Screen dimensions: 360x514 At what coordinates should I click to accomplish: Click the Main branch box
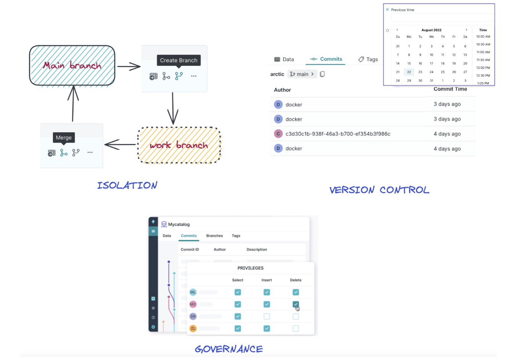click(x=72, y=66)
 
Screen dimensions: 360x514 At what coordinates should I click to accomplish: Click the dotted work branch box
click(x=179, y=145)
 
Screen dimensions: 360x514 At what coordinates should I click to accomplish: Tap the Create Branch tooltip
click(x=178, y=60)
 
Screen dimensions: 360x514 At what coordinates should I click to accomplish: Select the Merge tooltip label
click(x=64, y=138)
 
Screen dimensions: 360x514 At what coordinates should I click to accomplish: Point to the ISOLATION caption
click(x=127, y=185)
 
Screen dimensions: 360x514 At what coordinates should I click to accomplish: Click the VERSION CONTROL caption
click(x=379, y=190)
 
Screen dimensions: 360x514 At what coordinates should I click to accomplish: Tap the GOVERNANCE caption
click(x=229, y=349)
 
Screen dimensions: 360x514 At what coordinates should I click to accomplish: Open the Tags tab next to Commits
click(x=368, y=59)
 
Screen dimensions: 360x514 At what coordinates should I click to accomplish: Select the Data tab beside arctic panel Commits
click(x=284, y=59)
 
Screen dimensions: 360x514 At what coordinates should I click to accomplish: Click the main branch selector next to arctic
click(x=302, y=74)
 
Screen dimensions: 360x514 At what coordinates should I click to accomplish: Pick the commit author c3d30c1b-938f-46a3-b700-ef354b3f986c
click(x=338, y=134)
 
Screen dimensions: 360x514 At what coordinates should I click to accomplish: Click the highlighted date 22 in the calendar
click(x=409, y=72)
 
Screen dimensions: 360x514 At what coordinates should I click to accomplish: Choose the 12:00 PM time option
click(x=483, y=68)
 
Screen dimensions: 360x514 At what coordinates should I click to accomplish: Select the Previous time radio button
click(x=388, y=10)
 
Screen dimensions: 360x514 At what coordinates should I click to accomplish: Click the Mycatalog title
click(x=178, y=224)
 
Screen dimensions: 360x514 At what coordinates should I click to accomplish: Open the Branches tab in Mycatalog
click(x=214, y=236)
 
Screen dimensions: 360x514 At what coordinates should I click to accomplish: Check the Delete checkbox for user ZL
click(x=296, y=329)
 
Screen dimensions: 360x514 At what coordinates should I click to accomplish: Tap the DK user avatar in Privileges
click(x=193, y=316)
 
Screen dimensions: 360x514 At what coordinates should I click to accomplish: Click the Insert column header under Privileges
click(x=267, y=280)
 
